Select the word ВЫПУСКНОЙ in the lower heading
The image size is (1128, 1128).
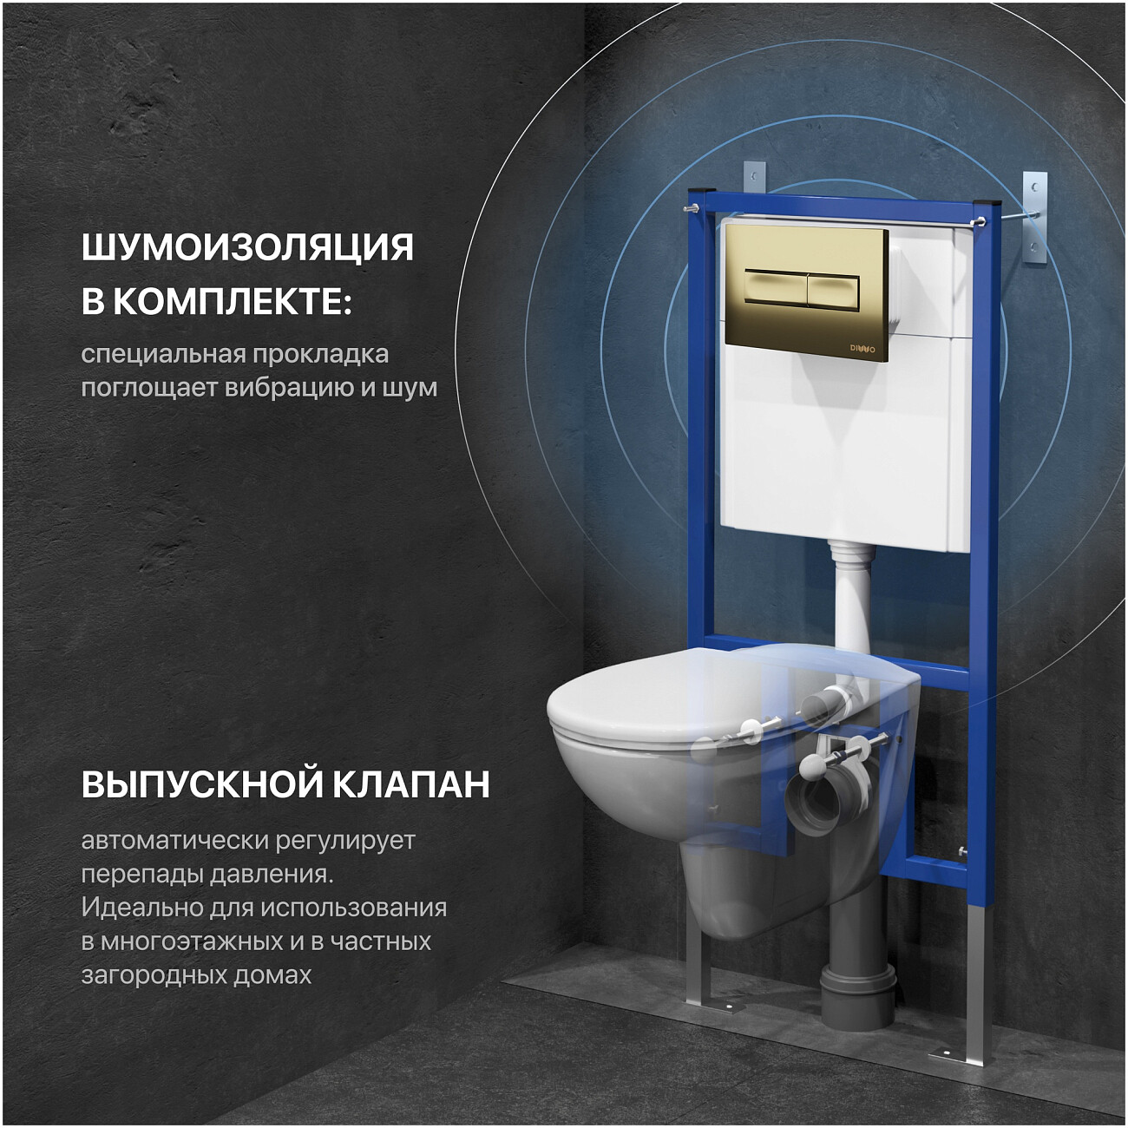198,784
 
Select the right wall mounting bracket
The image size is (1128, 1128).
1034,217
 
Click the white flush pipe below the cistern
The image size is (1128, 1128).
851,599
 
